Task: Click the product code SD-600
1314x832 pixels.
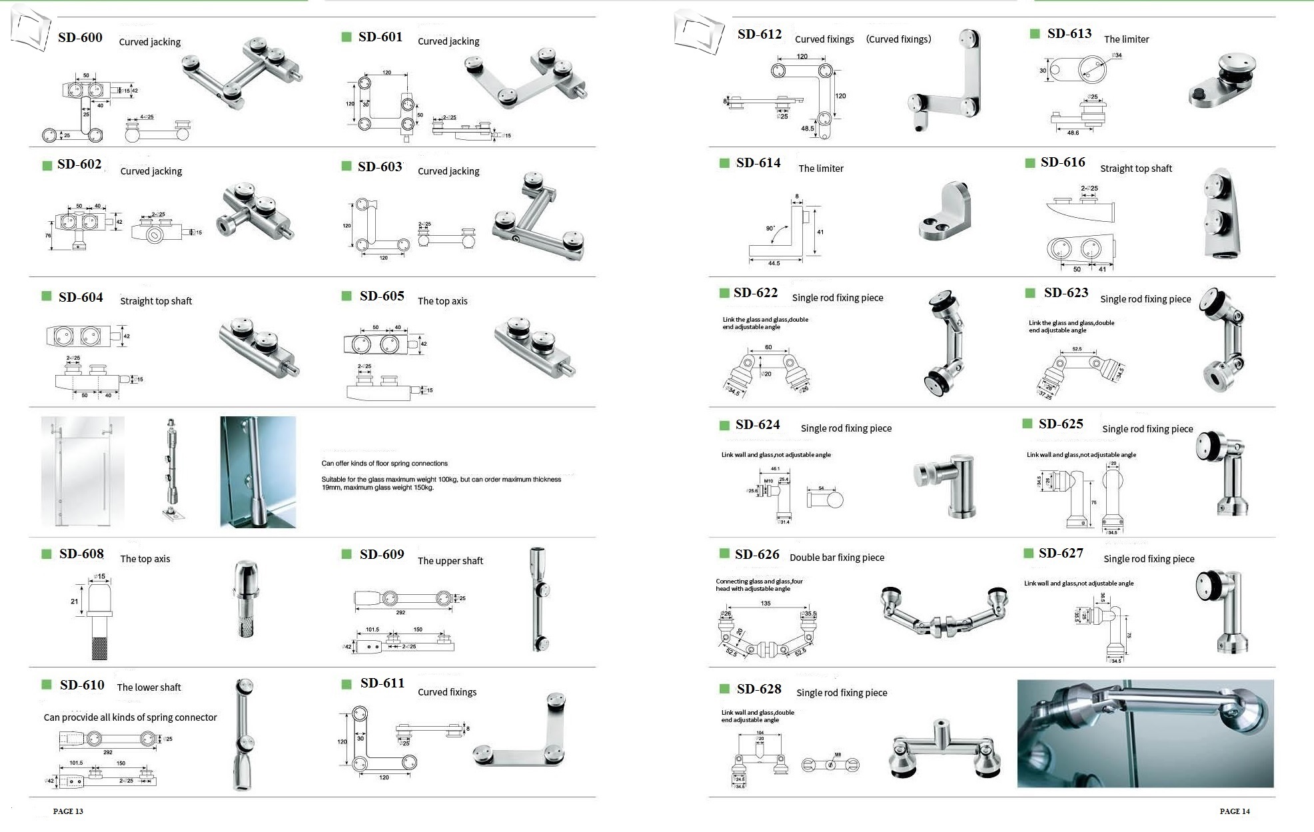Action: point(80,37)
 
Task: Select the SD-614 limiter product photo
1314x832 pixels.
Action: point(945,212)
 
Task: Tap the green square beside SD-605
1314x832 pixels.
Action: point(346,296)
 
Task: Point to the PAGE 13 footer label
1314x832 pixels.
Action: point(68,811)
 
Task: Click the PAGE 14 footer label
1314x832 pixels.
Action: point(1235,811)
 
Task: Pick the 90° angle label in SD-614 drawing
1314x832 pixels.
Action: point(770,228)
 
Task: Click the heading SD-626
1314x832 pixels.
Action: point(757,554)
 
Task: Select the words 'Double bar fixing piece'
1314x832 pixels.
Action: point(837,558)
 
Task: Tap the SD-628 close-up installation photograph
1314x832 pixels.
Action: point(1145,733)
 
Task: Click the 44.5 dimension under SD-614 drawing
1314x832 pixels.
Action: point(774,264)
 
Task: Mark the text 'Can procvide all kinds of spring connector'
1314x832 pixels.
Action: point(130,717)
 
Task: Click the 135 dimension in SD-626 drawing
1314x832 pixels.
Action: point(766,604)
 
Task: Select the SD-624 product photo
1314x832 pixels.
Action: point(946,487)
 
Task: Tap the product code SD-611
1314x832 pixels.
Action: point(382,683)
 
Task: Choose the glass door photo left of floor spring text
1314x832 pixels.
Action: point(83,472)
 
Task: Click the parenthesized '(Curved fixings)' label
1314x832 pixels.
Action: point(898,39)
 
